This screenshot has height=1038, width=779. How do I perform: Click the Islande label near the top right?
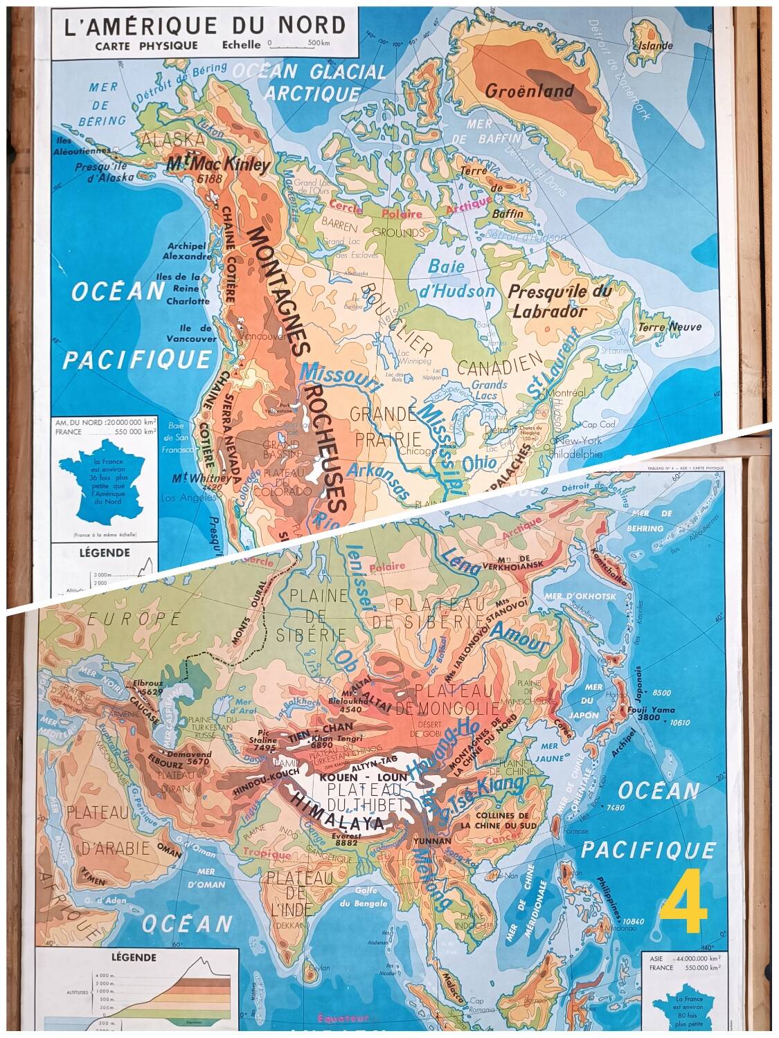(654, 46)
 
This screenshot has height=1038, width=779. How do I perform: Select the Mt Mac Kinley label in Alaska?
(218, 165)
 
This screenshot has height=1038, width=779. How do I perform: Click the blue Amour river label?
(519, 638)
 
